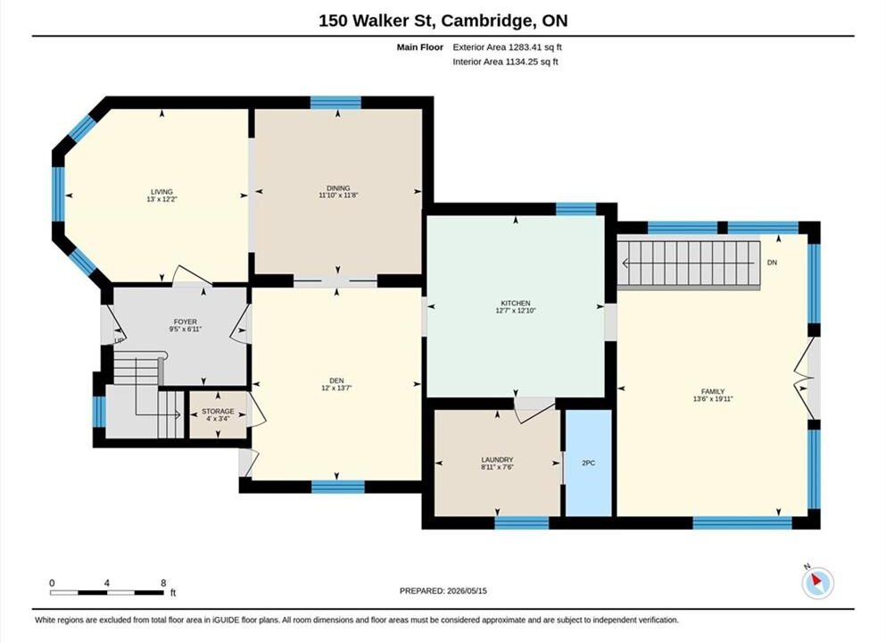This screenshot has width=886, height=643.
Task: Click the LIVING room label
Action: [x=161, y=192]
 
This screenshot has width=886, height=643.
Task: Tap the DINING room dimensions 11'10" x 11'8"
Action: [x=338, y=195]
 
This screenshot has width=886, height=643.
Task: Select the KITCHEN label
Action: [x=516, y=303]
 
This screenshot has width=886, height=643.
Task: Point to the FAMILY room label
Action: [x=713, y=391]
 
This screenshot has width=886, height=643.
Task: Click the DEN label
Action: [x=336, y=380]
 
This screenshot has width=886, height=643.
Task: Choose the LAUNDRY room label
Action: [x=497, y=460]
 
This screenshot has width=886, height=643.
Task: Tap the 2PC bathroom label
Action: [x=588, y=463]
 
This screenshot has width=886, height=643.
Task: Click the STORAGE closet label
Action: [x=218, y=411]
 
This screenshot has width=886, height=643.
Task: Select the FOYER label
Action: [x=186, y=321]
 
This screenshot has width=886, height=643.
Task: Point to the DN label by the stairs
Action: [x=772, y=263]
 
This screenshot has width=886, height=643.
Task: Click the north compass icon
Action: [x=817, y=581]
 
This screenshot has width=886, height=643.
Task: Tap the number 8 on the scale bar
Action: [x=163, y=583]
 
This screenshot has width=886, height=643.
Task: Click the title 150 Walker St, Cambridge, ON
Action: [x=443, y=21]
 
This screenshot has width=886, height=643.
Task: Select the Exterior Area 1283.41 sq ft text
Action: [x=507, y=47]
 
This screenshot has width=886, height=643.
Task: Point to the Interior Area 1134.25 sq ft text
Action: [x=505, y=62]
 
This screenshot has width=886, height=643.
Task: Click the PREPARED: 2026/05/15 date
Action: [x=443, y=591]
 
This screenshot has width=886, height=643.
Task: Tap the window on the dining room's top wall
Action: [x=335, y=103]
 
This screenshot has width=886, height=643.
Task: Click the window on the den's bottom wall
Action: [x=338, y=487]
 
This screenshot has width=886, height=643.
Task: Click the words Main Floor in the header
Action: [x=420, y=47]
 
